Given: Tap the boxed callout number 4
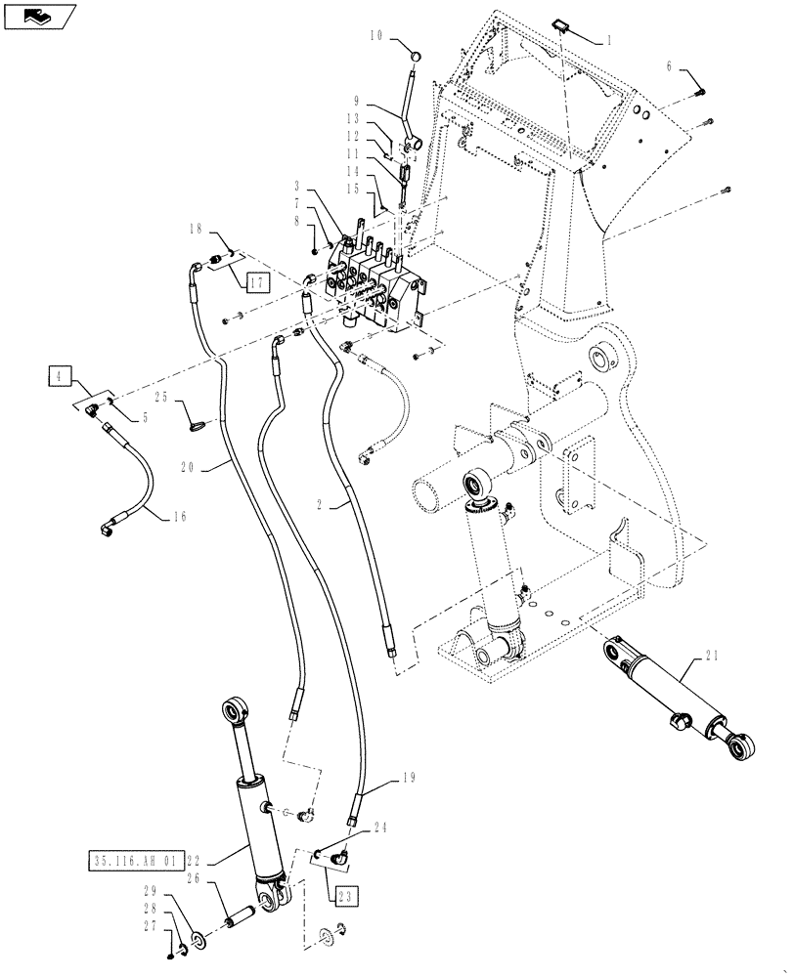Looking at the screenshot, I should pyautogui.click(x=59, y=374).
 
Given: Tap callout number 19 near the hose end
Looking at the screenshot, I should pyautogui.click(x=410, y=780).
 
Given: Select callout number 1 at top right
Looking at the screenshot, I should pyautogui.click(x=608, y=40).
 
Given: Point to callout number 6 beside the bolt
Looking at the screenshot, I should pyautogui.click(x=669, y=65).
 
